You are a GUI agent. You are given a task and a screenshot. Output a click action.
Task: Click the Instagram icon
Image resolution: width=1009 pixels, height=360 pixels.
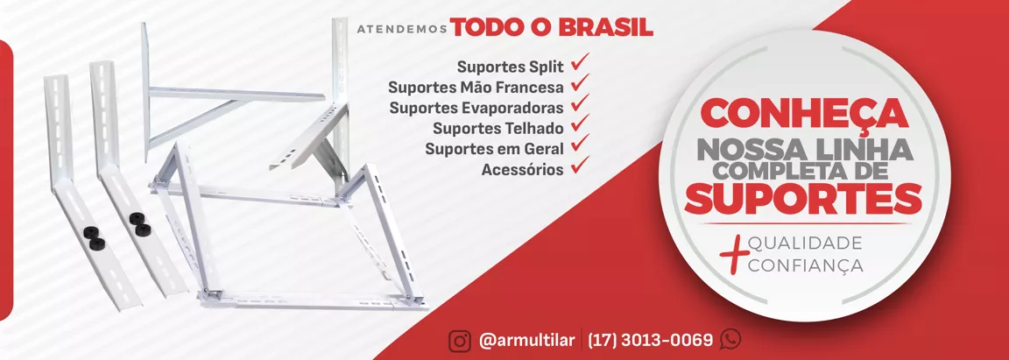click(x=460, y=339)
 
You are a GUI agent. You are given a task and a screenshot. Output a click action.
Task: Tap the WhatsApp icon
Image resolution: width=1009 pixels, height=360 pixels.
click(x=731, y=339)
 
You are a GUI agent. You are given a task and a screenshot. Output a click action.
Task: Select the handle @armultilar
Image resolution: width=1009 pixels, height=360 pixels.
click(x=526, y=340)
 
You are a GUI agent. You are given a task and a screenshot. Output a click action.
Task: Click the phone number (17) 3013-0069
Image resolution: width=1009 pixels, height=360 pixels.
click(x=651, y=339)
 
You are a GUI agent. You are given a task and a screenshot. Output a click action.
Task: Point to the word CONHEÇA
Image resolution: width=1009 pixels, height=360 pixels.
click(x=804, y=113)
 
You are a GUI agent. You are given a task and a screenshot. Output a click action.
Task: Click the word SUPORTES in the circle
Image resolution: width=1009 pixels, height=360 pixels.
click(x=803, y=199)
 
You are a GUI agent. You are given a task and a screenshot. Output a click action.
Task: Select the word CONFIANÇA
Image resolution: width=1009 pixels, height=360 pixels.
click(x=806, y=265)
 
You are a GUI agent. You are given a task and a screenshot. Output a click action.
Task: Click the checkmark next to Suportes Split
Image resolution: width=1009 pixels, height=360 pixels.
click(x=581, y=62)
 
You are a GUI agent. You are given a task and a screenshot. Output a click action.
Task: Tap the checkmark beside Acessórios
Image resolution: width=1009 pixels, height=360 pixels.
click(x=581, y=166)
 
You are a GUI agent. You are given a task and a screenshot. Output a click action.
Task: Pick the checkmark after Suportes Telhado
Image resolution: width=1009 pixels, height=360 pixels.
click(x=581, y=124)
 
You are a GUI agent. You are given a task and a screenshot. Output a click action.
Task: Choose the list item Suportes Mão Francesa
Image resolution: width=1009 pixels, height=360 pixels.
click(x=476, y=87)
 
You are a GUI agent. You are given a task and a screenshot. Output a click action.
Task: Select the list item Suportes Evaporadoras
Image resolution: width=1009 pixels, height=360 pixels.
click(x=476, y=108)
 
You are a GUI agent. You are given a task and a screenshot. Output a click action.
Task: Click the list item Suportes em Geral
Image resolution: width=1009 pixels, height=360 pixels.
click(x=494, y=149)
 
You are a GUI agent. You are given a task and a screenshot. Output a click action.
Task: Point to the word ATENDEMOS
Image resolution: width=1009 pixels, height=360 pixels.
click(x=402, y=29)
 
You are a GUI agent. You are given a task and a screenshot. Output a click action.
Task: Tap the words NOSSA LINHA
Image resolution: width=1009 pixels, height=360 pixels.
click(x=804, y=149)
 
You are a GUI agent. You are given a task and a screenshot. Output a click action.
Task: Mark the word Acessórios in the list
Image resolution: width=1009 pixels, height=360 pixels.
click(x=523, y=169)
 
